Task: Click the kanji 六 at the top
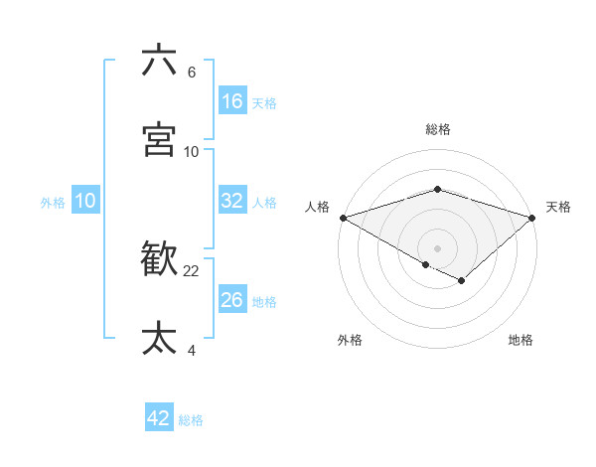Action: click(x=159, y=61)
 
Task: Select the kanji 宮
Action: click(x=159, y=140)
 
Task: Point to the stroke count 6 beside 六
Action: click(x=192, y=73)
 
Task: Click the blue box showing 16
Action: click(x=232, y=101)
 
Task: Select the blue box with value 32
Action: click(x=232, y=201)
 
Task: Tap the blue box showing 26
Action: click(x=232, y=300)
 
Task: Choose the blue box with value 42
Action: click(x=159, y=418)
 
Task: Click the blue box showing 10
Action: click(x=85, y=201)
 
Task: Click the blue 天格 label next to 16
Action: click(x=264, y=103)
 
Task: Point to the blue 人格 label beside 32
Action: click(x=264, y=203)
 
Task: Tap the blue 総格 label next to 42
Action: click(x=191, y=420)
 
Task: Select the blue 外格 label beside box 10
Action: click(x=53, y=203)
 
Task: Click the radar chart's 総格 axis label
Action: click(x=438, y=129)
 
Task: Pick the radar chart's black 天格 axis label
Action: click(x=558, y=207)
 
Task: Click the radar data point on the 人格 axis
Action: click(x=343, y=218)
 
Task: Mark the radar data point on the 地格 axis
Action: click(x=462, y=281)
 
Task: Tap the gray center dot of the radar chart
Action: click(x=438, y=247)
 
